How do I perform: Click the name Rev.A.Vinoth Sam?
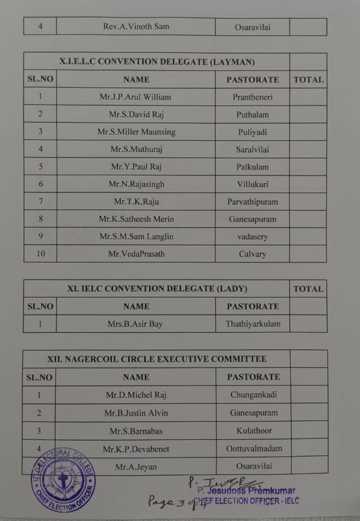point(136,26)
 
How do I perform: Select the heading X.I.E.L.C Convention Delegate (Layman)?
point(157,62)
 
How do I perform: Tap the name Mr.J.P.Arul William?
point(135,97)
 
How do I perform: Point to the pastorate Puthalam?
point(253,114)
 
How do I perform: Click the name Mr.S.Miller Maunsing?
point(136,132)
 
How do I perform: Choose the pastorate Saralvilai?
point(253,150)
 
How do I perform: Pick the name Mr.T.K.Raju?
point(136,201)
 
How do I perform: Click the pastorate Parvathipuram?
point(253,201)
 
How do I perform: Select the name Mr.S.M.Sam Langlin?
point(136,237)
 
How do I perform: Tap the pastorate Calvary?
point(253,254)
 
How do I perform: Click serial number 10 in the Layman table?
point(40,254)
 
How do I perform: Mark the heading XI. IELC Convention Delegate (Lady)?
point(157,288)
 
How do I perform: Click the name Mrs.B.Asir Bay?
point(135,324)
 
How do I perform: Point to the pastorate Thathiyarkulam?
point(253,324)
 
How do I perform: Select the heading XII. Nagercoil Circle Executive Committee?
point(157,359)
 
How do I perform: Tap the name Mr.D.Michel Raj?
point(136,395)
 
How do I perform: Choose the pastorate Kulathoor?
point(254,430)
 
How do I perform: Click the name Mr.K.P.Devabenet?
point(136,449)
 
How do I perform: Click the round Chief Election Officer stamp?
point(63,480)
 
